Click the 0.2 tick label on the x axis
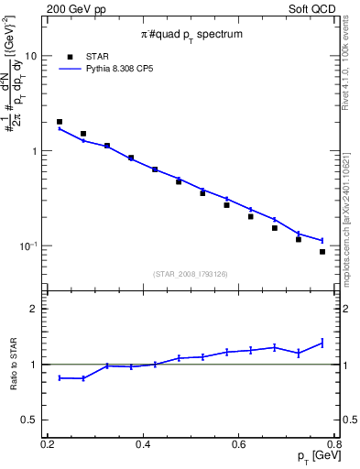48,445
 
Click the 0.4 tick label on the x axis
143,445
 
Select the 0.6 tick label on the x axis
239,445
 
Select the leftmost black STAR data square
60,122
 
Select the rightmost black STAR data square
322,252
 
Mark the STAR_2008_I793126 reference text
191,273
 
